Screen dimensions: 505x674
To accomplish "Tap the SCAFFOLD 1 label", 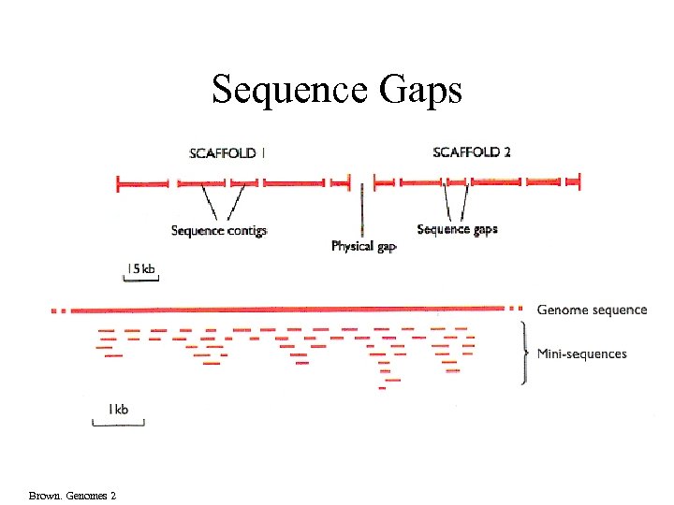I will (227, 153).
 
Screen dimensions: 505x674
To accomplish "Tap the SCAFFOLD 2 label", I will (472, 152).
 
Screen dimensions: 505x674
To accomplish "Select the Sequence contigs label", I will (219, 230).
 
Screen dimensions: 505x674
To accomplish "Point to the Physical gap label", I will (364, 247).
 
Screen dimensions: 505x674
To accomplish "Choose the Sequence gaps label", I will (457, 229).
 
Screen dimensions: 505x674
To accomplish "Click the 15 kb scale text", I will (140, 268).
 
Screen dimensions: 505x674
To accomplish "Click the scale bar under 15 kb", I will (141, 279).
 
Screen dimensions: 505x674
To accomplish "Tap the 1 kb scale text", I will (118, 409).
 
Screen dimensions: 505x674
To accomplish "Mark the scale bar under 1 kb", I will (119, 425).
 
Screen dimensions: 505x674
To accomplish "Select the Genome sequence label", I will (592, 310).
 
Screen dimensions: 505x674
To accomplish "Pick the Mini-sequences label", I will (581, 354).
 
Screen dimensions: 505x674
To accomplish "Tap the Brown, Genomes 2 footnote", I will (72, 495).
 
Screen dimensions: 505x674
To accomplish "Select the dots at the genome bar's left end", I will (58, 309).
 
